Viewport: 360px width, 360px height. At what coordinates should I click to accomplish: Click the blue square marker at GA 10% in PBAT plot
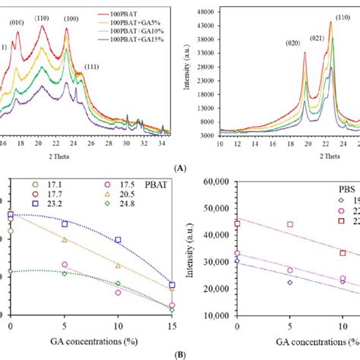(x=118, y=240)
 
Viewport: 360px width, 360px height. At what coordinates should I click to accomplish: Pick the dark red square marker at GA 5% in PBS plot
(x=289, y=225)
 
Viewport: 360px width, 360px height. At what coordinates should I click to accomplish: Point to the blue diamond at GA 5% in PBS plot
(x=289, y=283)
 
